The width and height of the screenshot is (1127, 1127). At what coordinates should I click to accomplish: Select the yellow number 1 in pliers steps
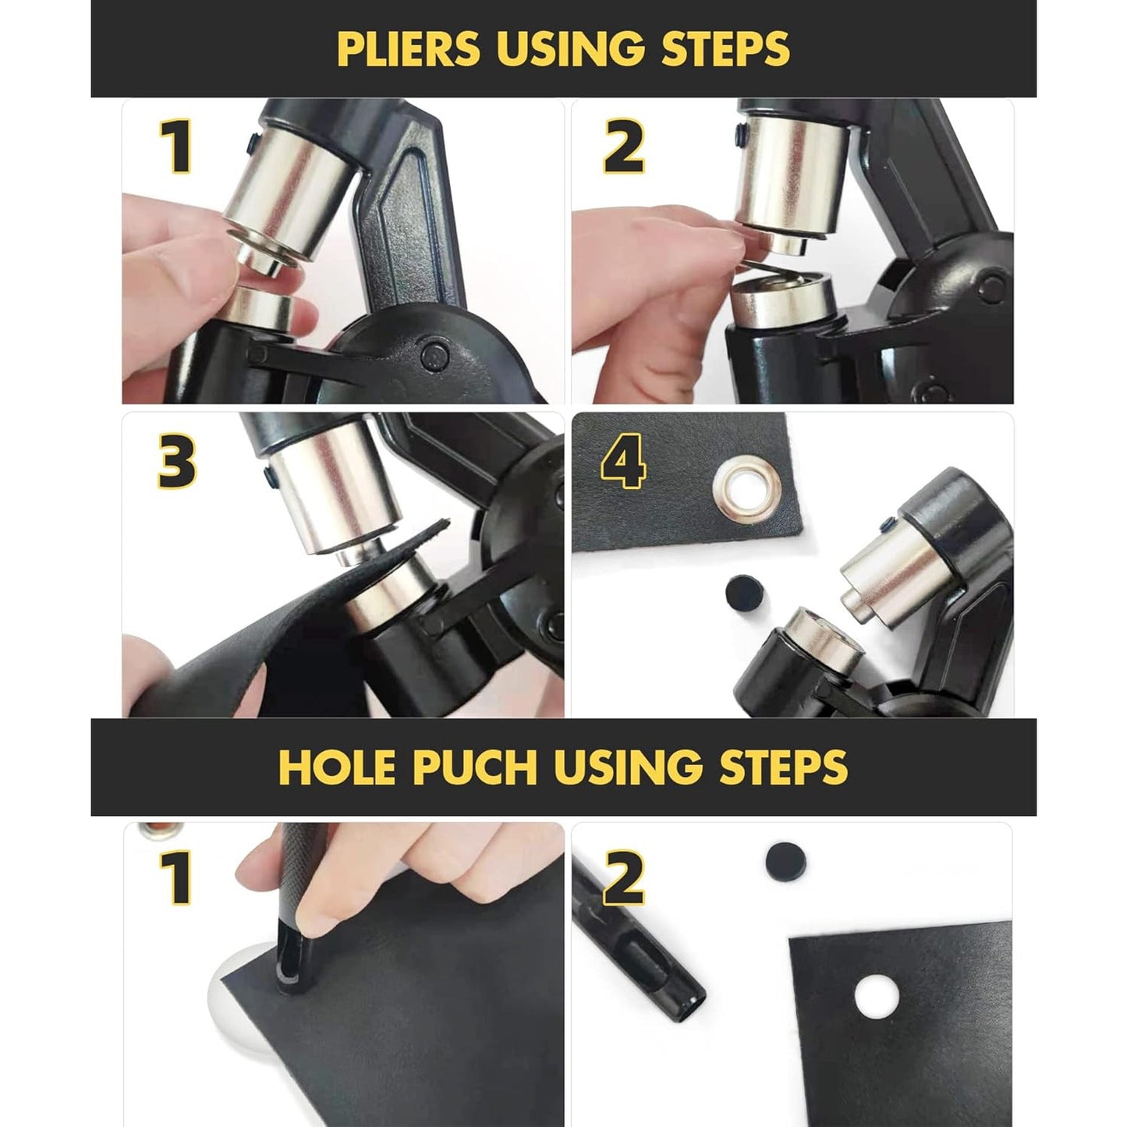(177, 147)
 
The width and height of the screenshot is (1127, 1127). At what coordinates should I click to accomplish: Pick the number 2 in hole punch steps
(624, 877)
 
